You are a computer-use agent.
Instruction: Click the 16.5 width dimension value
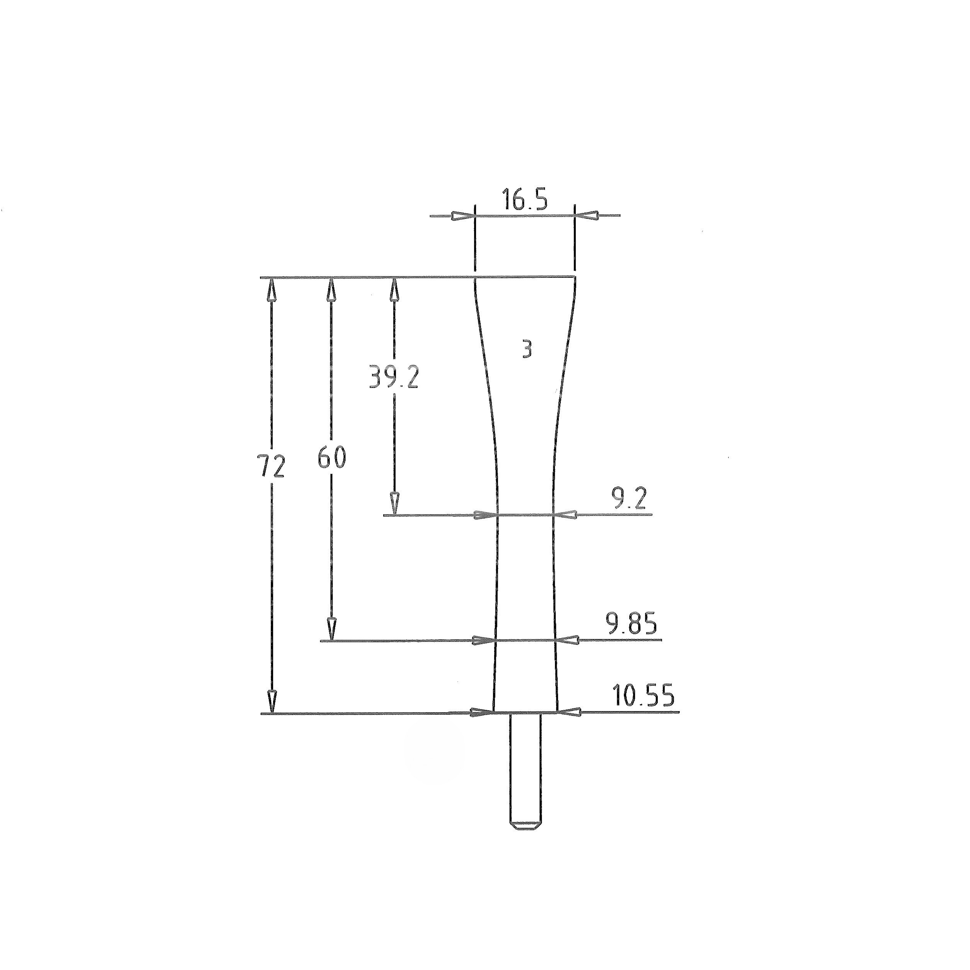click(x=525, y=200)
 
